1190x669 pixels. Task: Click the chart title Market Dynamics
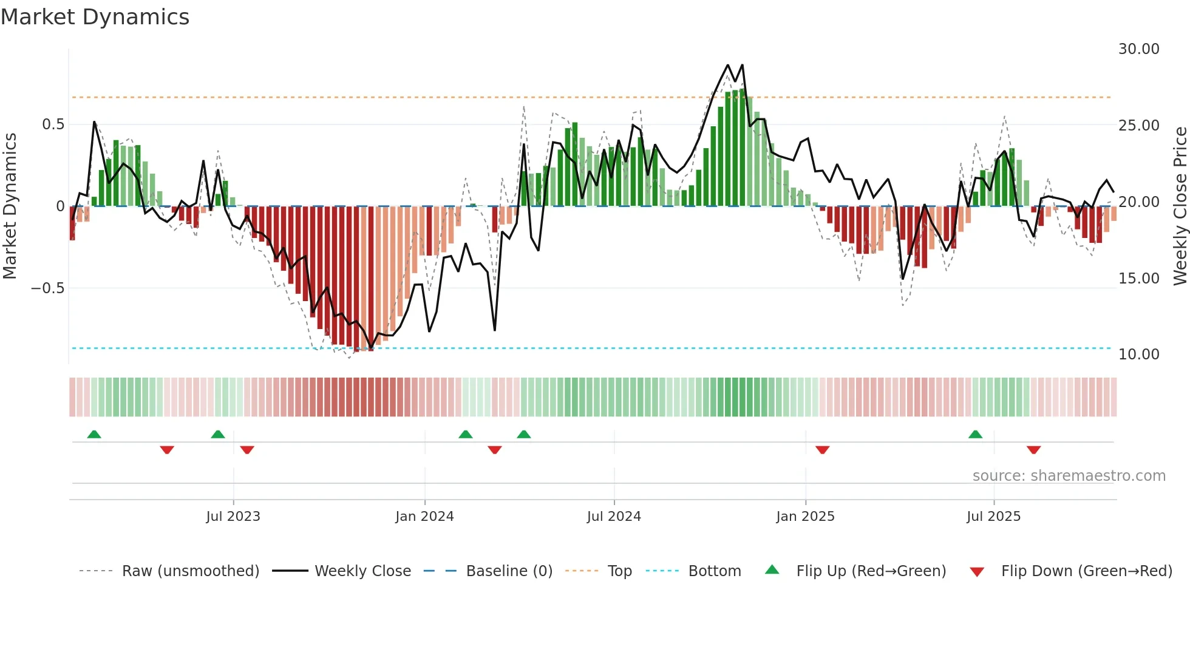pos(95,17)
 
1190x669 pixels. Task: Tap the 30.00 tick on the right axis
pos(1138,49)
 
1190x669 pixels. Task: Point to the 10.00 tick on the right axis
pos(1138,355)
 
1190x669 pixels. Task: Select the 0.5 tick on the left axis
pos(53,124)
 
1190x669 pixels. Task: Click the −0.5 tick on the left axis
pos(48,288)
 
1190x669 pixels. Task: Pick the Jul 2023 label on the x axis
pos(233,517)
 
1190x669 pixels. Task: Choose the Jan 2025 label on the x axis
pos(805,517)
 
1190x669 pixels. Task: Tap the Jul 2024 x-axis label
pos(614,517)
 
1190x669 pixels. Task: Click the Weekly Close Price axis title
pos(1180,206)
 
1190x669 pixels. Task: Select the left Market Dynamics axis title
pos(10,206)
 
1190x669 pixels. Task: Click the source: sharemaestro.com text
pos(1069,476)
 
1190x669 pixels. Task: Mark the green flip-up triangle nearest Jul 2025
pos(975,435)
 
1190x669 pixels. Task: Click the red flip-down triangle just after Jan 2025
pos(822,450)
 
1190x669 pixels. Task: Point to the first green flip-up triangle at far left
pos(94,435)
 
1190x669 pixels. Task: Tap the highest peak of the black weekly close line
pos(728,65)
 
